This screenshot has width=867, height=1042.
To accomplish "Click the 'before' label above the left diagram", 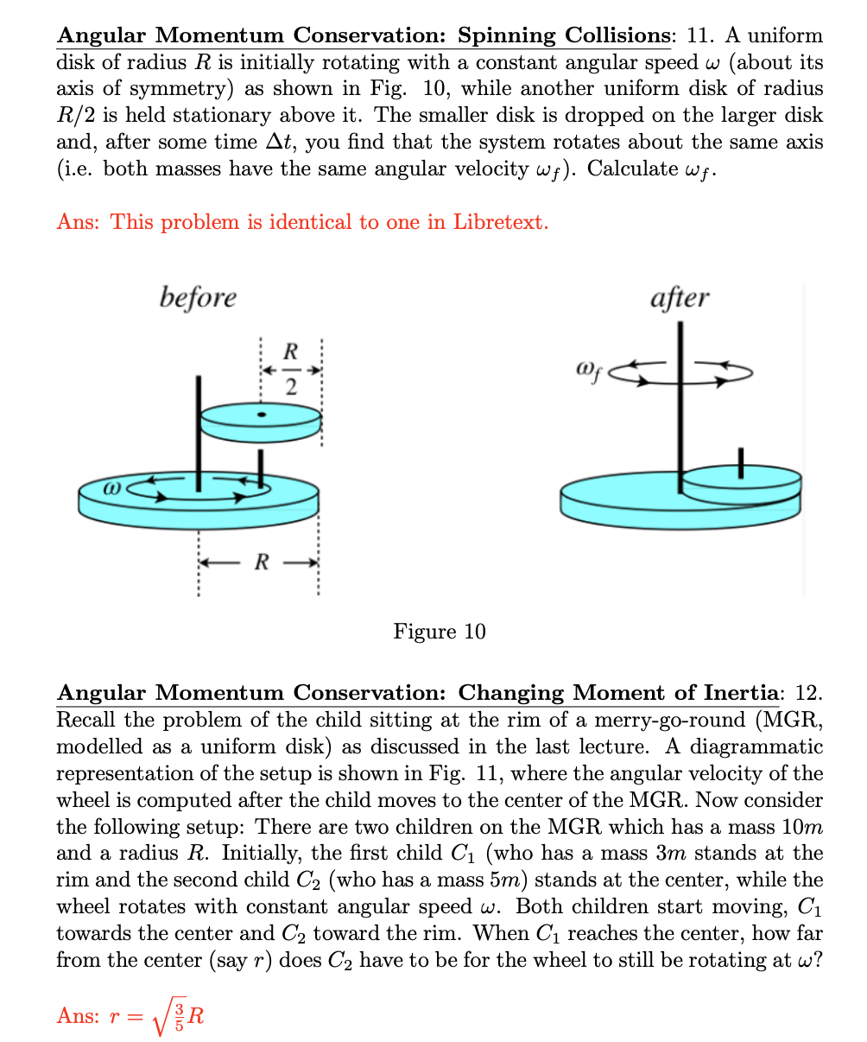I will [x=198, y=297].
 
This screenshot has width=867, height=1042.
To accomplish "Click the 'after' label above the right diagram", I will [x=679, y=297].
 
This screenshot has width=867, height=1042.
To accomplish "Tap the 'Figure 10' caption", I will [x=440, y=632].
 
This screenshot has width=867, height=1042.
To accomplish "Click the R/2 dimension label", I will [x=291, y=370].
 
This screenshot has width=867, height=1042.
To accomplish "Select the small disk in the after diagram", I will [x=741, y=485].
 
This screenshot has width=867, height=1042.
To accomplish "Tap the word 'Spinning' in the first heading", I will [x=507, y=35].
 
